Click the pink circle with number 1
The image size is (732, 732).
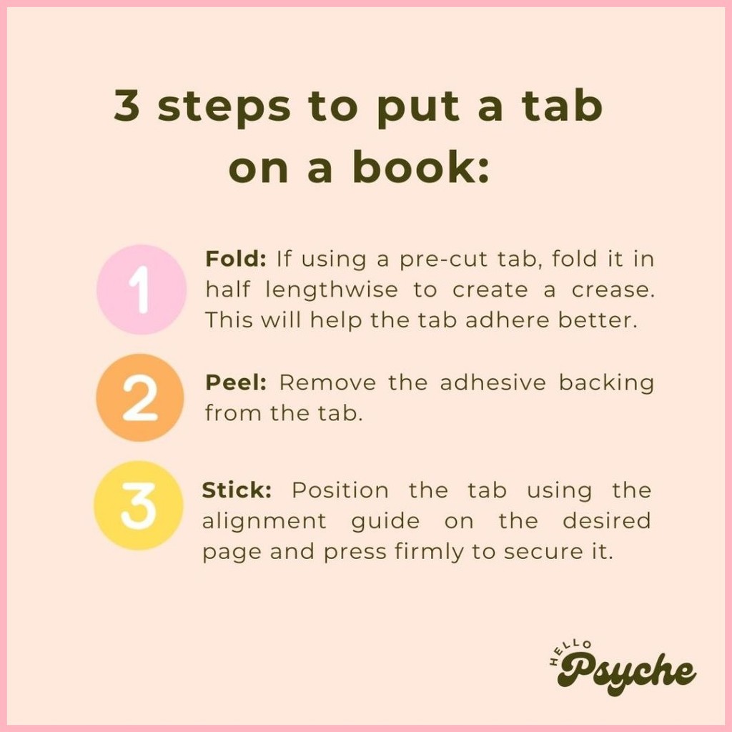point(142,290)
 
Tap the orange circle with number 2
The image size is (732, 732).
point(140,397)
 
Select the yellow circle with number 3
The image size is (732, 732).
point(139,505)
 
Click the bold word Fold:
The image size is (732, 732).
point(236,259)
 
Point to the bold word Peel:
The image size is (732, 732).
point(236,383)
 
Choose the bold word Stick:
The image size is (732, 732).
point(237,490)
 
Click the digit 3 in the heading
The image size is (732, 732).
point(127,106)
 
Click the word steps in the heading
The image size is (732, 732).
point(224,109)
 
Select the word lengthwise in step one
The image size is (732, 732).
point(332,290)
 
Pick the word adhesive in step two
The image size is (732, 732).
point(493,383)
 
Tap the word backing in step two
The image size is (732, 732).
point(606,384)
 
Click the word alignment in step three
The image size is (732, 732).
point(264,522)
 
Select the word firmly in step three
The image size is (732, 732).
point(429,553)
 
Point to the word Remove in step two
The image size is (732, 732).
point(327,383)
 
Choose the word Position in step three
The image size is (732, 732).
point(340,490)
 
